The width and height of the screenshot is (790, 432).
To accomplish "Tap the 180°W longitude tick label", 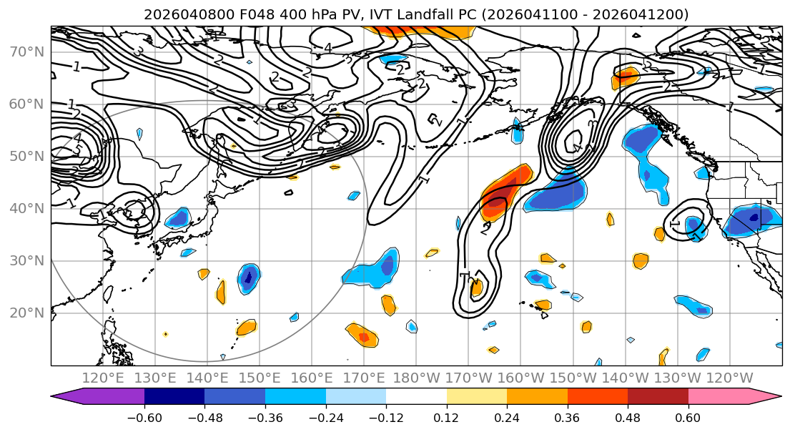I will [x=415, y=378].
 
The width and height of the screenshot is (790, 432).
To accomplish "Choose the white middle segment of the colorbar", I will [x=416, y=397].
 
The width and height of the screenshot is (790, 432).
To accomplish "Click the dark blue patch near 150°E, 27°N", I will [x=249, y=276].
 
